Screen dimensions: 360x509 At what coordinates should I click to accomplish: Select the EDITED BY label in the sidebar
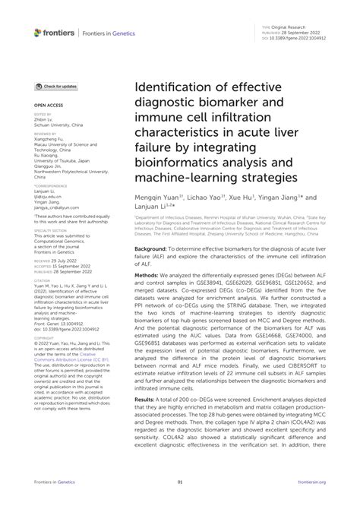click(43, 112)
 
